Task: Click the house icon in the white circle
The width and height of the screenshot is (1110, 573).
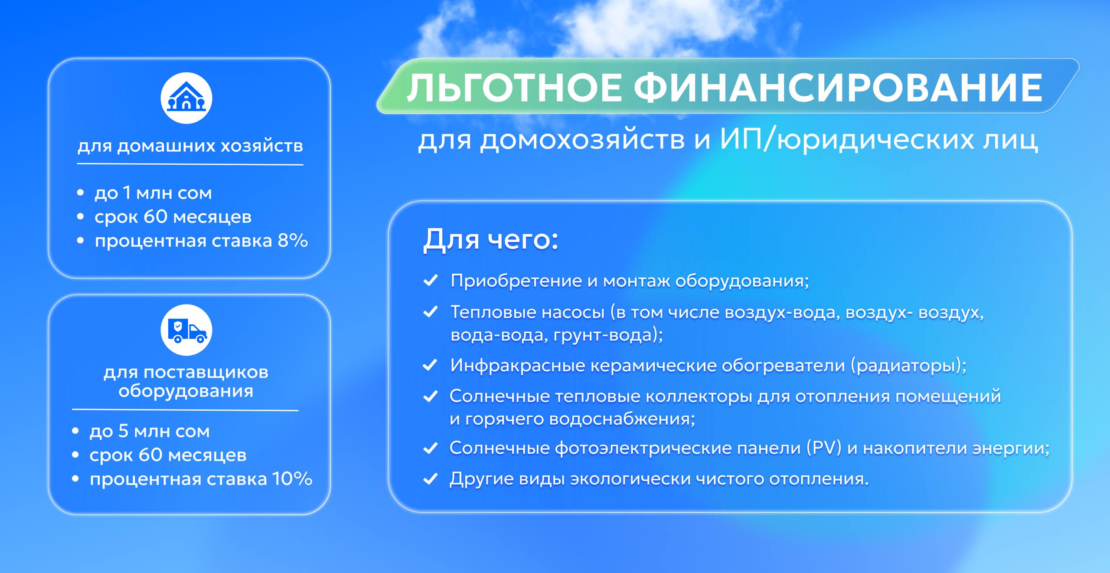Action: [186, 97]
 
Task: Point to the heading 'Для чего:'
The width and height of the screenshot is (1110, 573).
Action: [490, 239]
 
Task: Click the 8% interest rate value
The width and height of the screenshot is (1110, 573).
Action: [293, 240]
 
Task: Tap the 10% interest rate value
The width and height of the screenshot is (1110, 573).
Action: [292, 479]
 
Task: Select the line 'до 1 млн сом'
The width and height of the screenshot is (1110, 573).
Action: [153, 193]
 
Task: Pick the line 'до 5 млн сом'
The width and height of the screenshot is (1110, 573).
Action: [150, 431]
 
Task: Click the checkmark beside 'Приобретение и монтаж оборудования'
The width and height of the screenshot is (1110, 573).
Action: [430, 281]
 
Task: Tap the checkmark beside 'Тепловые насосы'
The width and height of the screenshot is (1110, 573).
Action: [430, 312]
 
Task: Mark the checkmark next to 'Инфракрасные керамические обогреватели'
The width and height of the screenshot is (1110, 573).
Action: [430, 365]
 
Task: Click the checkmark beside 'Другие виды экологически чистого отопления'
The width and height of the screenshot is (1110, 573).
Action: [430, 479]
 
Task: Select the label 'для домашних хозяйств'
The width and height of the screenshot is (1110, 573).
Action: [190, 146]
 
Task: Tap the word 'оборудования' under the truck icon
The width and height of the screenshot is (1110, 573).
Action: [186, 391]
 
